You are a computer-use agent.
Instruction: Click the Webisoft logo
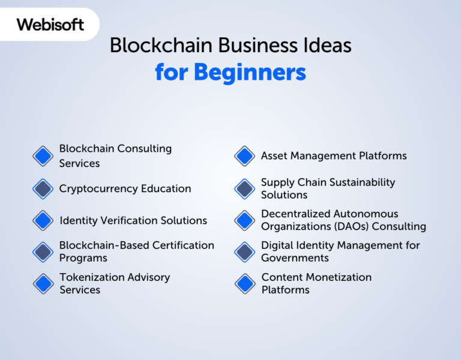pos(50,25)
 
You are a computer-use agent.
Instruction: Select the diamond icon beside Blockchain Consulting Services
pos(43,156)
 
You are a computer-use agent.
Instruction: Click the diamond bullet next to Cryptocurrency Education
pos(43,189)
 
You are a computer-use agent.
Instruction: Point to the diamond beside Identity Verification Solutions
pos(43,220)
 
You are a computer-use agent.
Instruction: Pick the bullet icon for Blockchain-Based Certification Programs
pos(43,252)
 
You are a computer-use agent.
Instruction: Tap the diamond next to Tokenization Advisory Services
pos(43,283)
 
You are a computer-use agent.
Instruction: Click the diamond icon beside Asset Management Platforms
pos(245,156)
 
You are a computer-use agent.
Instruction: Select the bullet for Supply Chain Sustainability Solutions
pos(245,189)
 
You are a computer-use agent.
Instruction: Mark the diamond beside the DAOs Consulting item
pos(245,220)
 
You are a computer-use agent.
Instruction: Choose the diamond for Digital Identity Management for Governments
pos(245,252)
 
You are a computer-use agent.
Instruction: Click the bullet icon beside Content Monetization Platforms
pos(245,283)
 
